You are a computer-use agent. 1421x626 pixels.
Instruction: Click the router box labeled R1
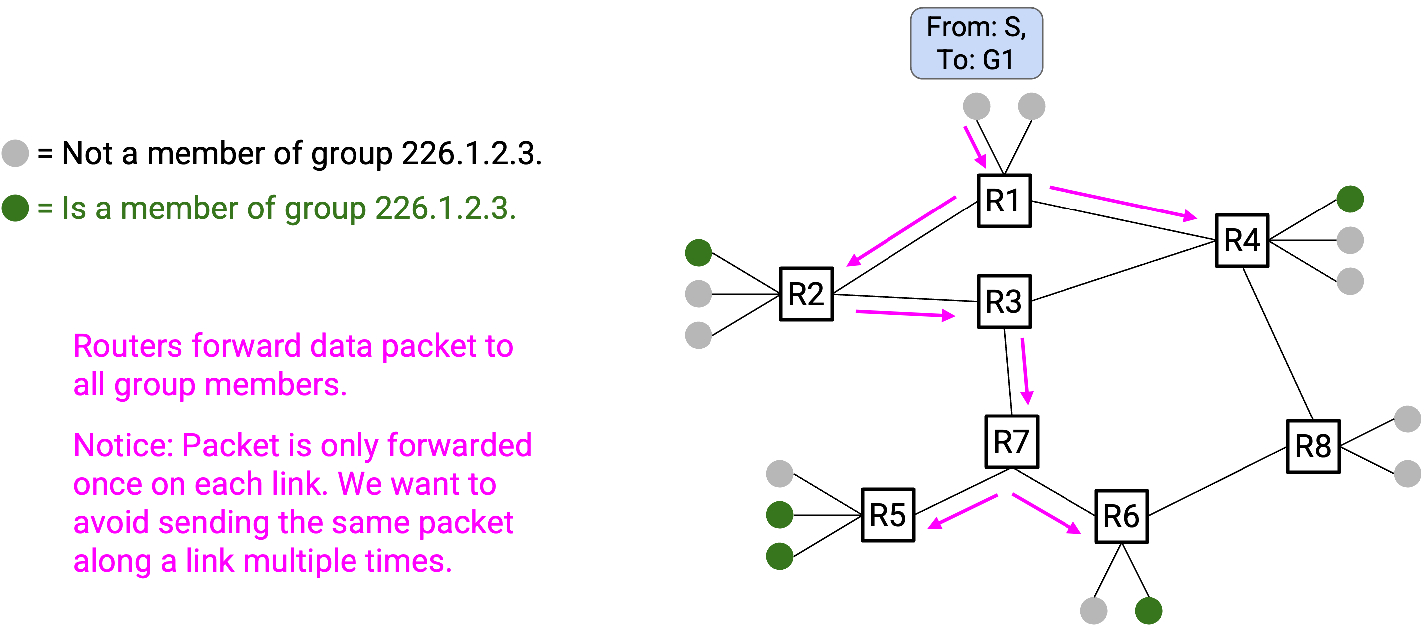1004,201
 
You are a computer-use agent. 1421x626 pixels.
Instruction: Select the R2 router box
806,294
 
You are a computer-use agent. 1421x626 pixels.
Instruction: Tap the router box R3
1004,301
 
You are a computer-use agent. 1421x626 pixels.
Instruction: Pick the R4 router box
1243,240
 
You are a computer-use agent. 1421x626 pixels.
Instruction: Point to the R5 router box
888,514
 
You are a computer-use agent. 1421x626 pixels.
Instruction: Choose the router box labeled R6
1121,516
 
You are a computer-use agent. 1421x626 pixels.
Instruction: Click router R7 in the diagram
1012,441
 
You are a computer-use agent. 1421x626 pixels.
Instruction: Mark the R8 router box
1313,446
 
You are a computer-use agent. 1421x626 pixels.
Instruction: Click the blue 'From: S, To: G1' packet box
976,43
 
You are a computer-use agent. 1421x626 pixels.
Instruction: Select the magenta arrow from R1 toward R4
1122,203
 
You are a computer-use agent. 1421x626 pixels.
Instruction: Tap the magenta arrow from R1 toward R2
901,231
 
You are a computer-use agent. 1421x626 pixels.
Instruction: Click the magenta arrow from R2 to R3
905,314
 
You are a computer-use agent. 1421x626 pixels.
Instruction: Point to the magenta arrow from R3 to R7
1025,371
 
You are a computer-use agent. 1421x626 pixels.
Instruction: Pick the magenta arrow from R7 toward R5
962,512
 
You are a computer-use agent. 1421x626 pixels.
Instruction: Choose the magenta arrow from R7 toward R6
1047,513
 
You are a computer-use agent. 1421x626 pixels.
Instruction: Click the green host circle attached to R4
1350,199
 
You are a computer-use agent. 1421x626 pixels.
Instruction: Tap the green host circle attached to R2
699,253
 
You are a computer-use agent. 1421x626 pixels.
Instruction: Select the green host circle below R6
1148,611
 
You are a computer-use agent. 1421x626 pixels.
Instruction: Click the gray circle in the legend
15,153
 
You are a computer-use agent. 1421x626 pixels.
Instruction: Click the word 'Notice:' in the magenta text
123,445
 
